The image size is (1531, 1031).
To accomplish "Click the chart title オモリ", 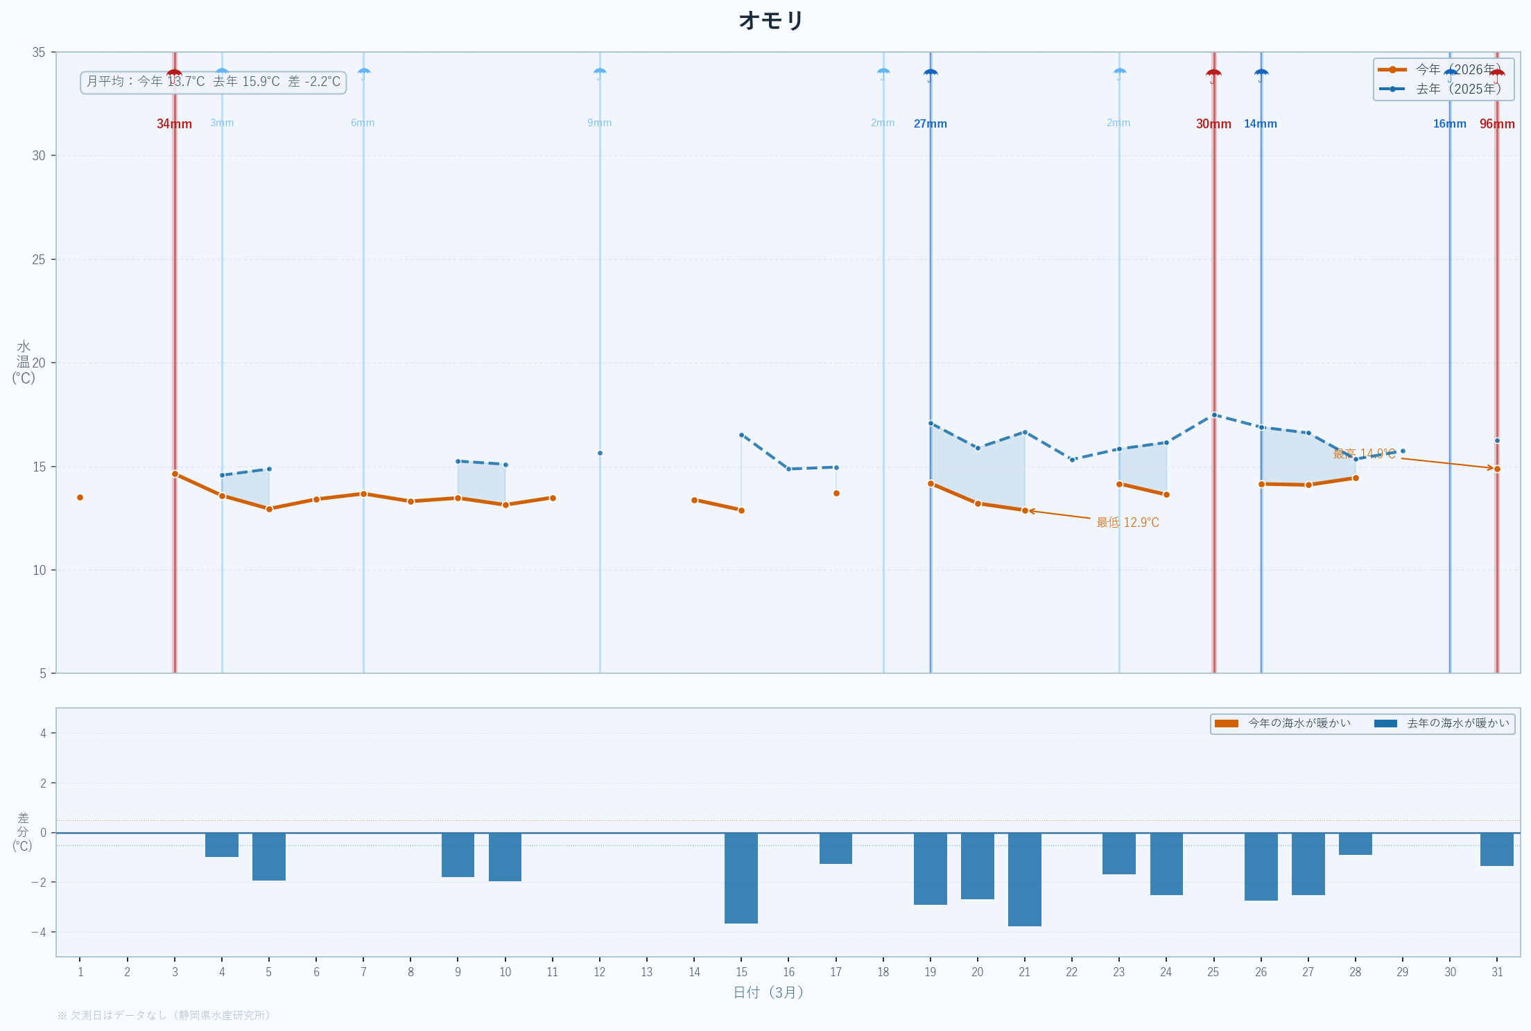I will point(770,21).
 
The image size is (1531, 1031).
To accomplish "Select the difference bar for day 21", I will point(1024,879).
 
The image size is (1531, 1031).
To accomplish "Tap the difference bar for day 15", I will point(741,878).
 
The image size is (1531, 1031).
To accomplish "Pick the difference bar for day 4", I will point(222,844).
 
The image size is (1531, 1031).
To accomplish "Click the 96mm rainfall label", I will point(1496,124).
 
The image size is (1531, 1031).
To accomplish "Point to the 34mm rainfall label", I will point(174,124).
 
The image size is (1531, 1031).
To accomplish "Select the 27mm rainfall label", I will point(930,124).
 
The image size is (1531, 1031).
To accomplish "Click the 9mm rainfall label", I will point(599,123).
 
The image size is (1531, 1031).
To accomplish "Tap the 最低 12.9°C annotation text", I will point(1127,522).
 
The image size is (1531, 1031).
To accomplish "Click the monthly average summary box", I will point(213,82).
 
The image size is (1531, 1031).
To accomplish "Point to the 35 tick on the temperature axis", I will point(39,53).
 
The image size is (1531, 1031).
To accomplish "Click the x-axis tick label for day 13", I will point(646,972).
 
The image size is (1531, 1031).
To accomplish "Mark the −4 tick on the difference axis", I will point(39,932).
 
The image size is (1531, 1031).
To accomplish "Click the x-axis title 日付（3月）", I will point(768,992).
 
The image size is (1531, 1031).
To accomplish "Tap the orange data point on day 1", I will point(80,497).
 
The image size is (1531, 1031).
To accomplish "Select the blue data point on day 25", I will point(1213,415).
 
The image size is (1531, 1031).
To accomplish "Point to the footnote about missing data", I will point(164,1015).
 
